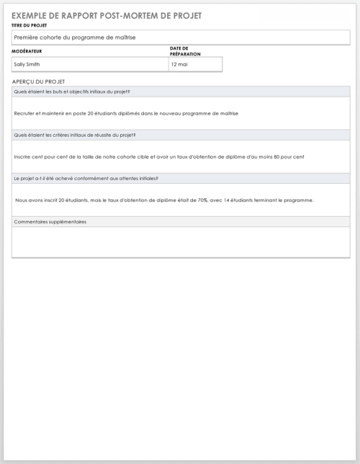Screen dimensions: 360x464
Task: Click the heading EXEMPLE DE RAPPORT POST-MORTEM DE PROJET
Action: click(107, 15)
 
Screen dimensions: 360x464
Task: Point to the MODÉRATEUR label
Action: click(27, 52)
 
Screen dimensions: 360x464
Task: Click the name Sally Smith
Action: click(27, 64)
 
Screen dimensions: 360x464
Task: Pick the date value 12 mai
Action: click(180, 64)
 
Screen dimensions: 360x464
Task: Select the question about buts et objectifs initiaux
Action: click(72, 92)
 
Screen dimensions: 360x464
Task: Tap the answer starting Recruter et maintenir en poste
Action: click(126, 113)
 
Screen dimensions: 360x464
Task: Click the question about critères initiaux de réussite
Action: click(75, 135)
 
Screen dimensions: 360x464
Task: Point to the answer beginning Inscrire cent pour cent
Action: click(158, 156)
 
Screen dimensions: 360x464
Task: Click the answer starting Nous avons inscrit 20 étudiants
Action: click(164, 200)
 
